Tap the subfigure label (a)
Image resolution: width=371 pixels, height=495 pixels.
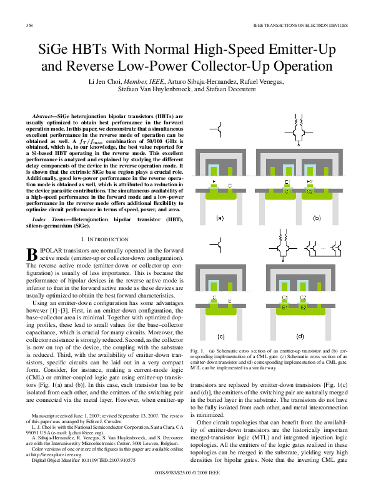pyautogui.click(x=219, y=218)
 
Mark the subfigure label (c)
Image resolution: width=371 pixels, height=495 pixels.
pyautogui.click(x=220, y=336)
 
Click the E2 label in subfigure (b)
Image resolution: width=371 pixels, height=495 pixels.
pyautogui.click(x=310, y=182)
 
